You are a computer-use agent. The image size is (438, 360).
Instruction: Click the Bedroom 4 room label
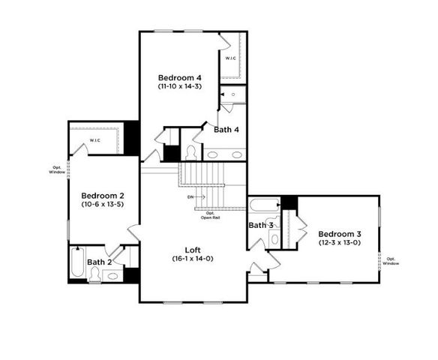click(179, 77)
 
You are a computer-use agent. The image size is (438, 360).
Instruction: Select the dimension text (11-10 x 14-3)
click(179, 87)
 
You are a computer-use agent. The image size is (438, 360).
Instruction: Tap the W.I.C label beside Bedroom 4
click(231, 58)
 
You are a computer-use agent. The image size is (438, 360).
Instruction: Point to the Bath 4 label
click(226, 130)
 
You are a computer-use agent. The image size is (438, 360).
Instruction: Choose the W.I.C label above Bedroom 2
click(95, 141)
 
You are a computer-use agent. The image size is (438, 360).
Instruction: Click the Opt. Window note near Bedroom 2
click(57, 169)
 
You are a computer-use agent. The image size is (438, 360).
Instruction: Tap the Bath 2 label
click(99, 262)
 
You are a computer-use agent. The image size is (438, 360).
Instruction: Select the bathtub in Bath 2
click(77, 262)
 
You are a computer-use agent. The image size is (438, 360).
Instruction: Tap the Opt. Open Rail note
click(211, 215)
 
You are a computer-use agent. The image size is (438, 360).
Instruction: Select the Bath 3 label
click(260, 225)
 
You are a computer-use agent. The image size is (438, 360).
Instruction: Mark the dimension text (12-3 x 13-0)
click(340, 242)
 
